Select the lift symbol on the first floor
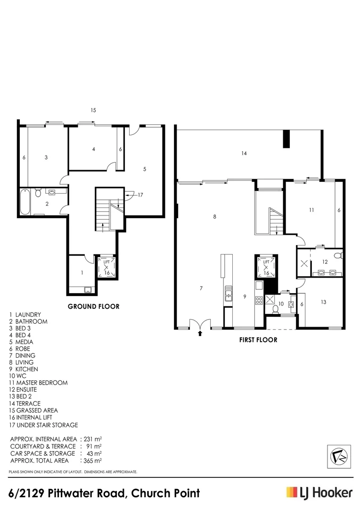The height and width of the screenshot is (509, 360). tap(266, 267)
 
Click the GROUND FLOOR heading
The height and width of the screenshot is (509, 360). tap(93, 306)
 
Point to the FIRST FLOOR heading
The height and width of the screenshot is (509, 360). tap(257, 339)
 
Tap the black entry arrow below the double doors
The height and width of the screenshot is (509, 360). tap(200, 333)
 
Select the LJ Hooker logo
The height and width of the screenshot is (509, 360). tap(319, 493)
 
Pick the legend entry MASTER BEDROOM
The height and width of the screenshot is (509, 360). tap(41, 383)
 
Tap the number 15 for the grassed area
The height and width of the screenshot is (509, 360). tap(93, 110)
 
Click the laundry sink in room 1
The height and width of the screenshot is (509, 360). tap(88, 290)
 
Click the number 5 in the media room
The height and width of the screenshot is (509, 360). tap(145, 168)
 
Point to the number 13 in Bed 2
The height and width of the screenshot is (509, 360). tap(323, 302)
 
